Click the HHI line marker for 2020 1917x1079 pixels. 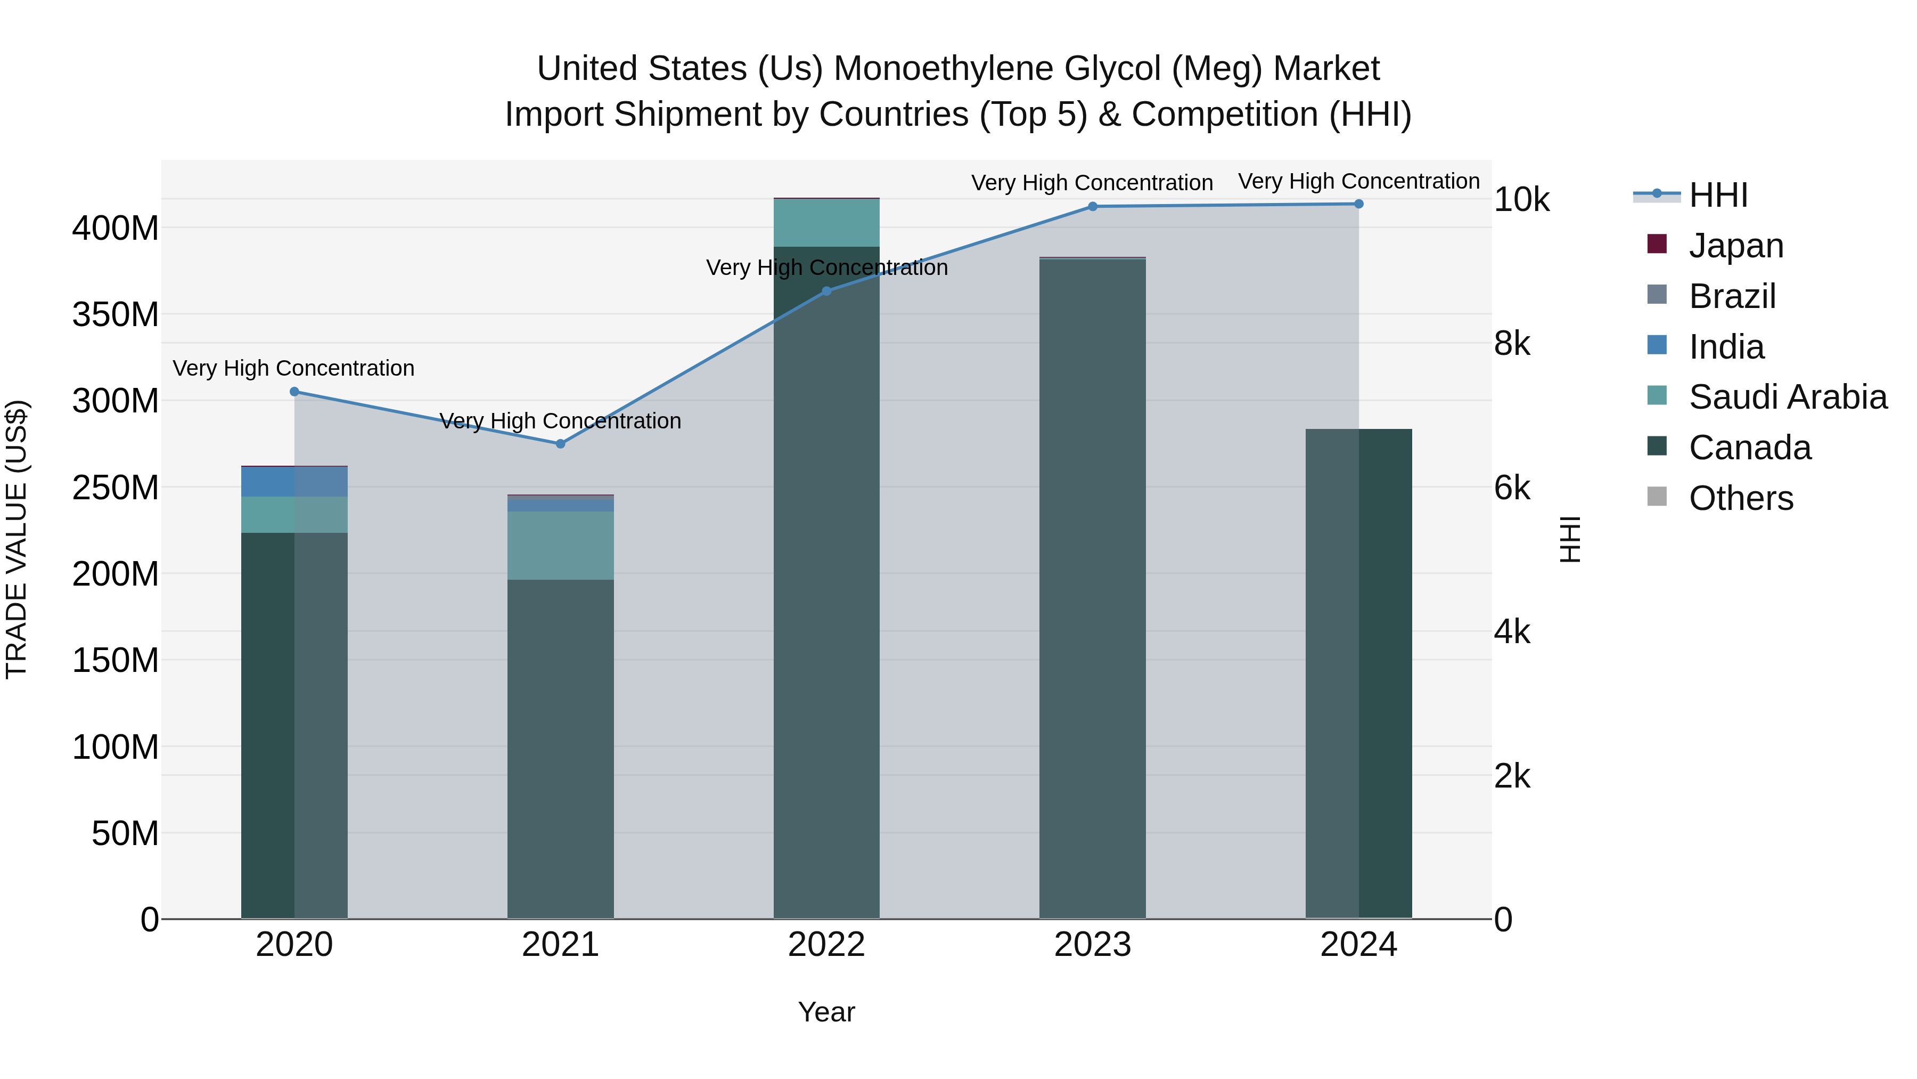pyautogui.click(x=294, y=392)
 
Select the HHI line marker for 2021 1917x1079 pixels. pyautogui.click(x=560, y=444)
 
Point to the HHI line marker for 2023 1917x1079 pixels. pyautogui.click(x=1093, y=206)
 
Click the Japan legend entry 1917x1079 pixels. pyautogui.click(x=1735, y=246)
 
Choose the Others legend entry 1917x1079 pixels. pyautogui.click(x=1741, y=498)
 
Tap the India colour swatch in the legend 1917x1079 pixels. pyautogui.click(x=1657, y=345)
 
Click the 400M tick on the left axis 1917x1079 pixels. pyautogui.click(x=116, y=228)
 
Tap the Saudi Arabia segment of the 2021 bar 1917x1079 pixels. pyautogui.click(x=560, y=545)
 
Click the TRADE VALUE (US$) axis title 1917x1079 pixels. pyautogui.click(x=17, y=539)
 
